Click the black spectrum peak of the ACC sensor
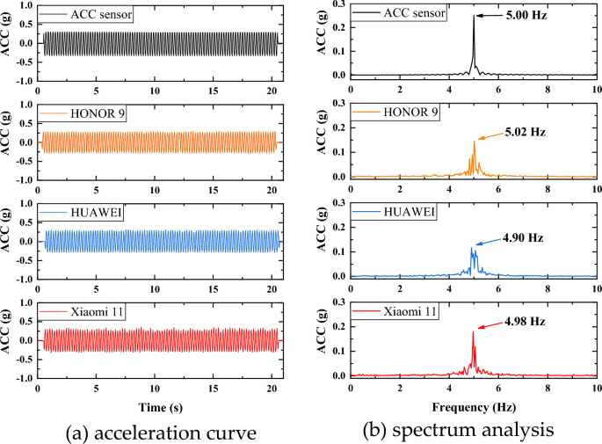pos(473,18)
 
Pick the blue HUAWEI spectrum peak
pos(473,249)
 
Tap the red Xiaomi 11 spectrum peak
pos(473,332)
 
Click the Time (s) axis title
pos(159,406)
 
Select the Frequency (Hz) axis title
pos(473,406)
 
